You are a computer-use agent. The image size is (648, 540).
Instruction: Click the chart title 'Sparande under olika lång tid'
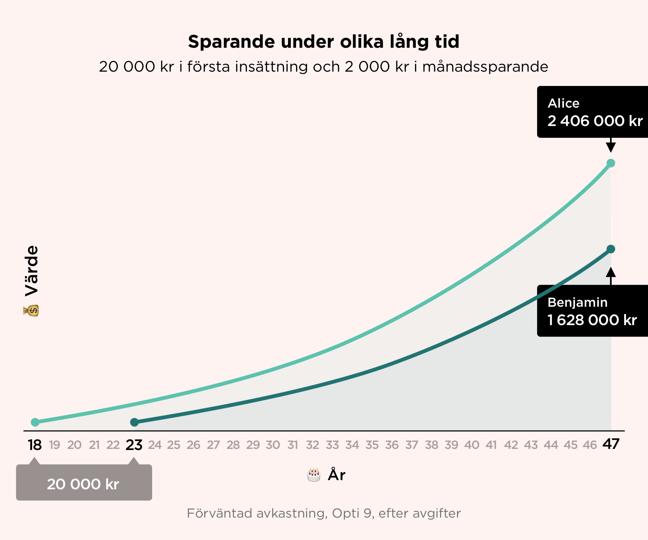(324, 42)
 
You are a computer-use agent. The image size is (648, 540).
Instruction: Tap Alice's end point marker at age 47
(611, 163)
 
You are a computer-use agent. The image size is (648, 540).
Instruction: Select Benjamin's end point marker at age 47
(611, 249)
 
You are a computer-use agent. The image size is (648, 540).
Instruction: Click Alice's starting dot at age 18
(35, 422)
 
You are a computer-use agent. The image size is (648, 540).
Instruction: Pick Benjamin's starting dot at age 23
(134, 422)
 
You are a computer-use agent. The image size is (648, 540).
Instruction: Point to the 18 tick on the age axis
(35, 445)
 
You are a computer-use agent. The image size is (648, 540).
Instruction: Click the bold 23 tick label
(134, 445)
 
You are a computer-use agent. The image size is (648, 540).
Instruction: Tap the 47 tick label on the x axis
(611, 444)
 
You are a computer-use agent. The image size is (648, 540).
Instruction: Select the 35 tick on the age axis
(372, 445)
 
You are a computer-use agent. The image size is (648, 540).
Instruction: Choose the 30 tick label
(273, 445)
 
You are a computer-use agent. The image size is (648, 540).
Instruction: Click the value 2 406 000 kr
(595, 121)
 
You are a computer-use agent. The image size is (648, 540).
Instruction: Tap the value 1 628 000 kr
(592, 320)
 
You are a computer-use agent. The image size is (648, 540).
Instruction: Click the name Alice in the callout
(564, 103)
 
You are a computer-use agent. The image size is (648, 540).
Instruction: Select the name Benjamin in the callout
(577, 303)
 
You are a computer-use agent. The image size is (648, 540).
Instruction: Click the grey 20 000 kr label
(83, 484)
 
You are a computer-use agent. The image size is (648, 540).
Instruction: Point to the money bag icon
(31, 310)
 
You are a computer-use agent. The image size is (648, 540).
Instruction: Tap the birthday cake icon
(313, 475)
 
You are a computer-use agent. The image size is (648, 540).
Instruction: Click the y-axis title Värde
(31, 271)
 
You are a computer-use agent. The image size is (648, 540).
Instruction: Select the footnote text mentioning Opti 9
(324, 514)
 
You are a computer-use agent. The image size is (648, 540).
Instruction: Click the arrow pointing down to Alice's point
(611, 145)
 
